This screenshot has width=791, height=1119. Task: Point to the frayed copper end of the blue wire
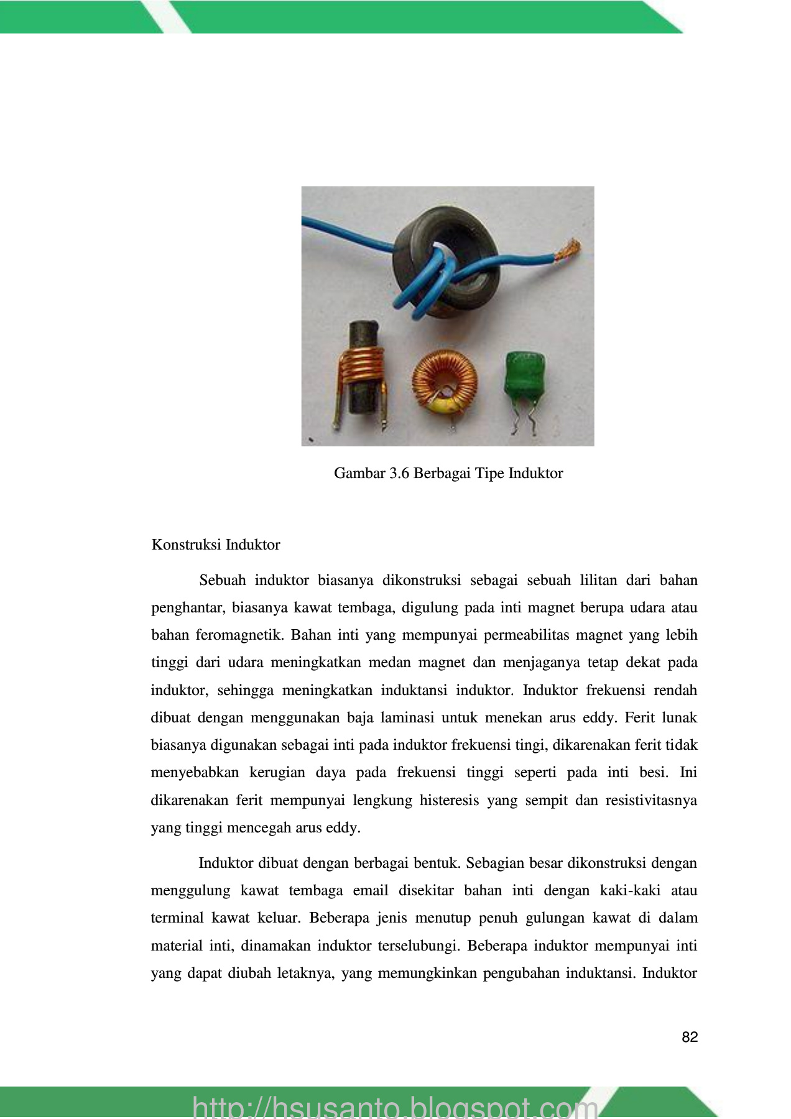coord(568,251)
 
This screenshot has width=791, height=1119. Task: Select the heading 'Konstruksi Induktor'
coord(216,545)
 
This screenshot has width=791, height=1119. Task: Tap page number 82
coord(690,1037)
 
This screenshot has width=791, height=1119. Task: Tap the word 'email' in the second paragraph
coord(370,890)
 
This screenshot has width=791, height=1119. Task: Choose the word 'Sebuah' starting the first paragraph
coord(222,581)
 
